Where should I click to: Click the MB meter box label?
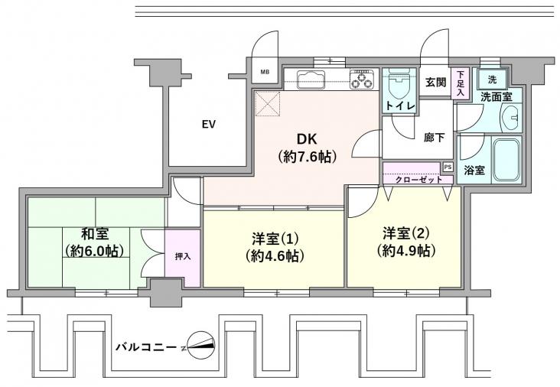(x=265, y=73)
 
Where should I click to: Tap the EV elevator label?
(x=208, y=124)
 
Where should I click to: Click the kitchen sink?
(x=311, y=78)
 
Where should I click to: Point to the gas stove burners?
(x=362, y=78)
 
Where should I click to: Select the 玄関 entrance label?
(x=435, y=83)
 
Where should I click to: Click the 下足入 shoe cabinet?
(x=460, y=83)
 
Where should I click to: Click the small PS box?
(x=447, y=167)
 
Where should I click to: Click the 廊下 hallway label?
(x=435, y=138)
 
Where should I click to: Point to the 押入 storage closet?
(x=184, y=257)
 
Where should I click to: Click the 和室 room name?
(x=96, y=234)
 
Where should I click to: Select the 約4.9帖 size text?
(x=405, y=250)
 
